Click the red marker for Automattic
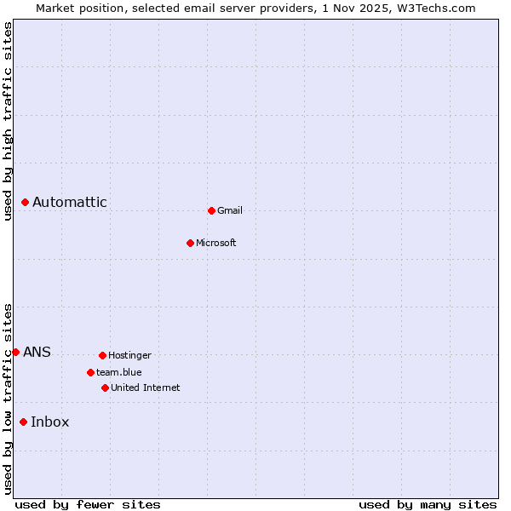point(26,202)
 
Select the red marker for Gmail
point(211,210)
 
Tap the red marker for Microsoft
point(191,243)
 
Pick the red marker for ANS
point(15,352)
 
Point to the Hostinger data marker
point(102,355)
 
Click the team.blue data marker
point(90,372)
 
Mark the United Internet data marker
point(105,388)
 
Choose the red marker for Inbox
point(24,422)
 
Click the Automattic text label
point(70,202)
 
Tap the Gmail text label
point(230,210)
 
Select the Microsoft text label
point(216,243)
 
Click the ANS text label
point(37,352)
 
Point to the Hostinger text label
point(129,355)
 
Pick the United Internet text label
point(145,388)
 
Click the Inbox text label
point(50,422)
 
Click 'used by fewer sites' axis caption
point(88,504)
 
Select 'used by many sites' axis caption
point(428,504)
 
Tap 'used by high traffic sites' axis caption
point(8,121)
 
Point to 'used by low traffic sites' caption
point(8,399)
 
